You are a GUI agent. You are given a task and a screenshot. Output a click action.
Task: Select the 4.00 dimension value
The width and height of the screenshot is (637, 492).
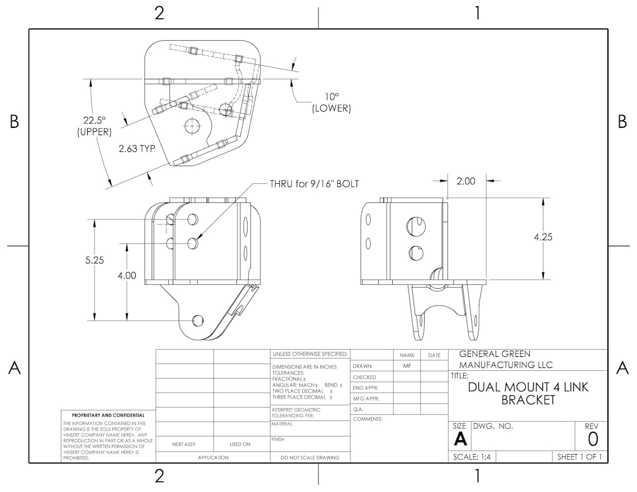(127, 275)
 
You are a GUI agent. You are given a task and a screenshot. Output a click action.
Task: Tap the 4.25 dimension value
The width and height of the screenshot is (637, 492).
(543, 237)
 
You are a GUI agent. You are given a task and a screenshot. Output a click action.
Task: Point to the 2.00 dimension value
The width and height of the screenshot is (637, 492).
(466, 181)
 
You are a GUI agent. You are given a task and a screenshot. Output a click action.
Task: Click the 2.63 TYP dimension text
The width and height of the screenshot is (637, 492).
(136, 149)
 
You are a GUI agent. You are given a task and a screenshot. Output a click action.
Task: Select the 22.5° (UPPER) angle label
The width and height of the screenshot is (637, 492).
(94, 126)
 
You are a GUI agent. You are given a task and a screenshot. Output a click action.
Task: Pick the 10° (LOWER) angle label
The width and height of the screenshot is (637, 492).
(331, 102)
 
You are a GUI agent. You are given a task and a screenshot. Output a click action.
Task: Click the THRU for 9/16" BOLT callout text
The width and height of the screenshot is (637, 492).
(314, 184)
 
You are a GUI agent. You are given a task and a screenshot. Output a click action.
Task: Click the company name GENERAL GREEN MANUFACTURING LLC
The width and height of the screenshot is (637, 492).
(506, 359)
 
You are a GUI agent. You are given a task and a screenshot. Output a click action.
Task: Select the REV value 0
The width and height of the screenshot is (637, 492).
(593, 440)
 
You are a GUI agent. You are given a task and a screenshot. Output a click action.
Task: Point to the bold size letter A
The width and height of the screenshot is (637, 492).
(460, 440)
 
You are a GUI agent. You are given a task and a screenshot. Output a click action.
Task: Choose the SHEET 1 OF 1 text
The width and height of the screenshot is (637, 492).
(579, 457)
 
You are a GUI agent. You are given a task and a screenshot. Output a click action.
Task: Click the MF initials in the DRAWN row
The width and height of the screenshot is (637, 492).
(407, 366)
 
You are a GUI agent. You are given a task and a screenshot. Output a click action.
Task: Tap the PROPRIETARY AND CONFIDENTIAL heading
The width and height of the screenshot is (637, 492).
(108, 415)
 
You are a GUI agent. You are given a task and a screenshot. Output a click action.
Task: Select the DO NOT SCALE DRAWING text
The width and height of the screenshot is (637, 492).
(310, 457)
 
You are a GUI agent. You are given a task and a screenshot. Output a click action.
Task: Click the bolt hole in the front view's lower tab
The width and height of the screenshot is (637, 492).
(197, 320)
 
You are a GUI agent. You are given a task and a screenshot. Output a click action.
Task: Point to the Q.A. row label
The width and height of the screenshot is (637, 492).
(359, 409)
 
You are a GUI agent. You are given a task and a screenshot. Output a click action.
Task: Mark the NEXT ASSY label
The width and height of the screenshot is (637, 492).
(184, 445)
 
